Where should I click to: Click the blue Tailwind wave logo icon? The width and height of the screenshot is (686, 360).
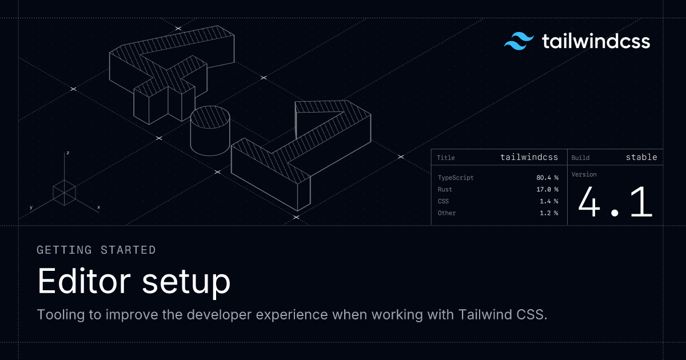pos(519,41)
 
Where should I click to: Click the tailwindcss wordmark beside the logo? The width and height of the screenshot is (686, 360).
pos(596,41)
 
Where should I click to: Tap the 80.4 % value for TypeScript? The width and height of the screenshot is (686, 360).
pos(547,178)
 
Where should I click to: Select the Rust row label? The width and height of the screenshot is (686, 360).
pos(445,190)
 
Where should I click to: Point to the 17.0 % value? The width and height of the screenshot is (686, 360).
pos(547,190)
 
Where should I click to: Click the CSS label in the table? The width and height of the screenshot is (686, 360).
pos(443,201)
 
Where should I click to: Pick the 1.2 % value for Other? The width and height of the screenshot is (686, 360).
pos(549,213)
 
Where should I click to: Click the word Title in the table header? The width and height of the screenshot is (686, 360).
pos(445,158)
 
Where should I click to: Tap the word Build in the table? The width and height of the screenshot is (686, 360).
pos(580,158)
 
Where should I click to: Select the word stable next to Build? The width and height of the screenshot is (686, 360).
pos(641,157)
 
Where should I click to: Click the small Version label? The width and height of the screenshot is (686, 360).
pos(584,174)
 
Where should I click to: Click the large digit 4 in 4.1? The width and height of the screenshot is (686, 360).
pos(589,202)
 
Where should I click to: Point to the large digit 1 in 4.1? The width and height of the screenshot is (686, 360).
pos(642,202)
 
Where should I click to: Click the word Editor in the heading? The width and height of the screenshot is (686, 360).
pos(84,281)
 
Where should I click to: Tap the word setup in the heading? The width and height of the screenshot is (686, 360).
pos(186,282)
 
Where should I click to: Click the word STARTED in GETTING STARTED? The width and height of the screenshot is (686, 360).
pos(128,250)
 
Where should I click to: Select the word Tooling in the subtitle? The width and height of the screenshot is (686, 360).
pos(61,315)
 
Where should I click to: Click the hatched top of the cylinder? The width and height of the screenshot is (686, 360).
pos(210,117)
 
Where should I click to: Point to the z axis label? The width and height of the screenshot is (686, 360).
pos(67,153)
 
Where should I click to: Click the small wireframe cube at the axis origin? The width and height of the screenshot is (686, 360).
pos(64,193)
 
